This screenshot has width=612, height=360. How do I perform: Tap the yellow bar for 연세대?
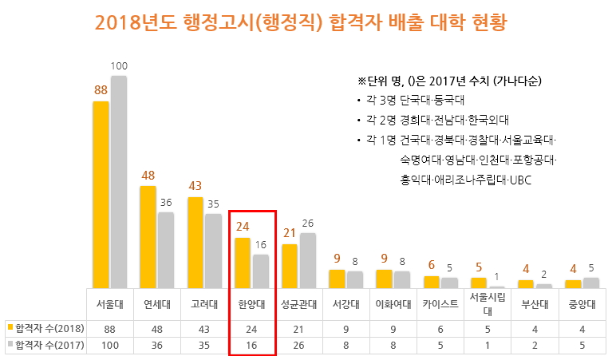[x=148, y=236]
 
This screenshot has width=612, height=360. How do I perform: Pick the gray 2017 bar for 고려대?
[x=213, y=250]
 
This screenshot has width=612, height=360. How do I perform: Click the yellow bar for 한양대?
[x=242, y=262]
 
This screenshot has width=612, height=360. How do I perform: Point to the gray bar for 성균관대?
[x=307, y=259]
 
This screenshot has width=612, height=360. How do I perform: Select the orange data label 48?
[x=148, y=176]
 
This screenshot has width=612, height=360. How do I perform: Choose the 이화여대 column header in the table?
[x=393, y=303]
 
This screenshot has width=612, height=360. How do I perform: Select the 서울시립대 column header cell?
[x=488, y=303]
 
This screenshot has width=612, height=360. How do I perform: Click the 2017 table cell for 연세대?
[x=157, y=345]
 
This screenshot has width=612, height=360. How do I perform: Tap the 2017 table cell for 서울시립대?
[x=488, y=345]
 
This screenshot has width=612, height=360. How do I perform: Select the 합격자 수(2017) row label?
[x=46, y=345]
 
